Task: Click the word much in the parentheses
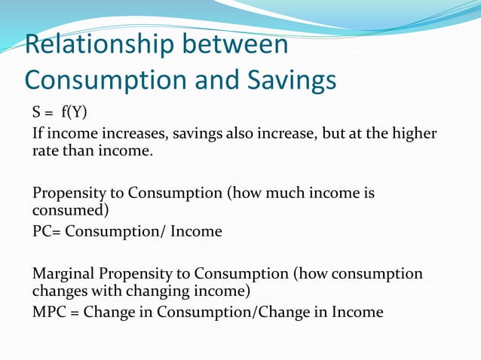[283, 192]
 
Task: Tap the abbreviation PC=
[46, 231]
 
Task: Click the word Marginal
[64, 272]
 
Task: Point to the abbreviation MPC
[49, 311]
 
